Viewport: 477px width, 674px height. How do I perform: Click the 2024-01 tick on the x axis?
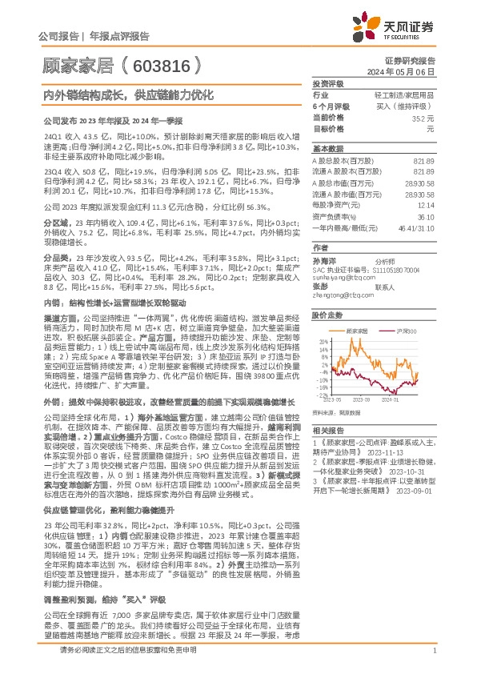click(x=391, y=399)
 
